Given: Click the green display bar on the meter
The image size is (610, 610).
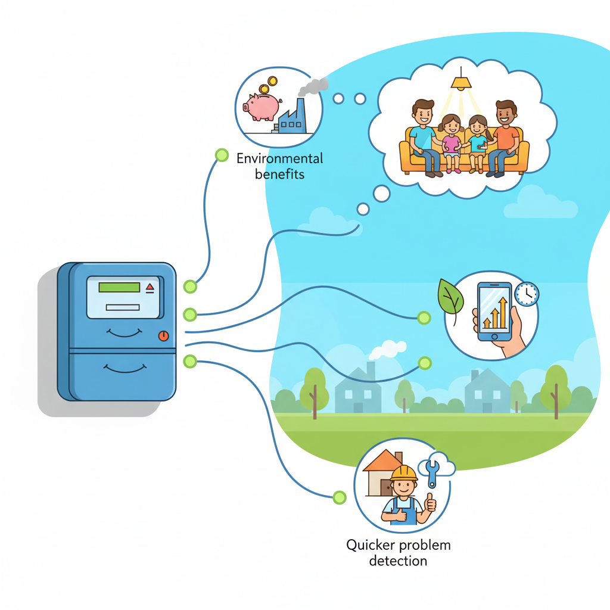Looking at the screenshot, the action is (x=119, y=287).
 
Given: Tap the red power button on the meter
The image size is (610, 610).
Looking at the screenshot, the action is (x=163, y=336).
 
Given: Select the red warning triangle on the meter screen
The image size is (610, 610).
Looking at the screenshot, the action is (x=150, y=288).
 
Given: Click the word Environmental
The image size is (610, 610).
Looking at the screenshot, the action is (x=280, y=158).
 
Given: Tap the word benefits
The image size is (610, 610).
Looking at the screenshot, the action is (x=280, y=175).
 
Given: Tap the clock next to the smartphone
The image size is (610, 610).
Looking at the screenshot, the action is (x=527, y=294).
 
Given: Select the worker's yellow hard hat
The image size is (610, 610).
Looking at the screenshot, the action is (x=404, y=473).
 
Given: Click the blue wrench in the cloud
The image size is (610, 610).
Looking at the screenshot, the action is (x=432, y=472).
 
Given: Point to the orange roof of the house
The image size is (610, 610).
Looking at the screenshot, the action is (x=382, y=460).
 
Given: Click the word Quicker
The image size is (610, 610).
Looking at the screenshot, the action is (x=371, y=546).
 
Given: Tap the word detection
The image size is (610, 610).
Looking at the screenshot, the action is (x=398, y=561).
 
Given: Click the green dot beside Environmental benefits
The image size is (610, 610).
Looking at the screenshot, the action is (x=222, y=155).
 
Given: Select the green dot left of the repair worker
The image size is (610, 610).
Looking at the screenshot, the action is (x=339, y=497).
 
